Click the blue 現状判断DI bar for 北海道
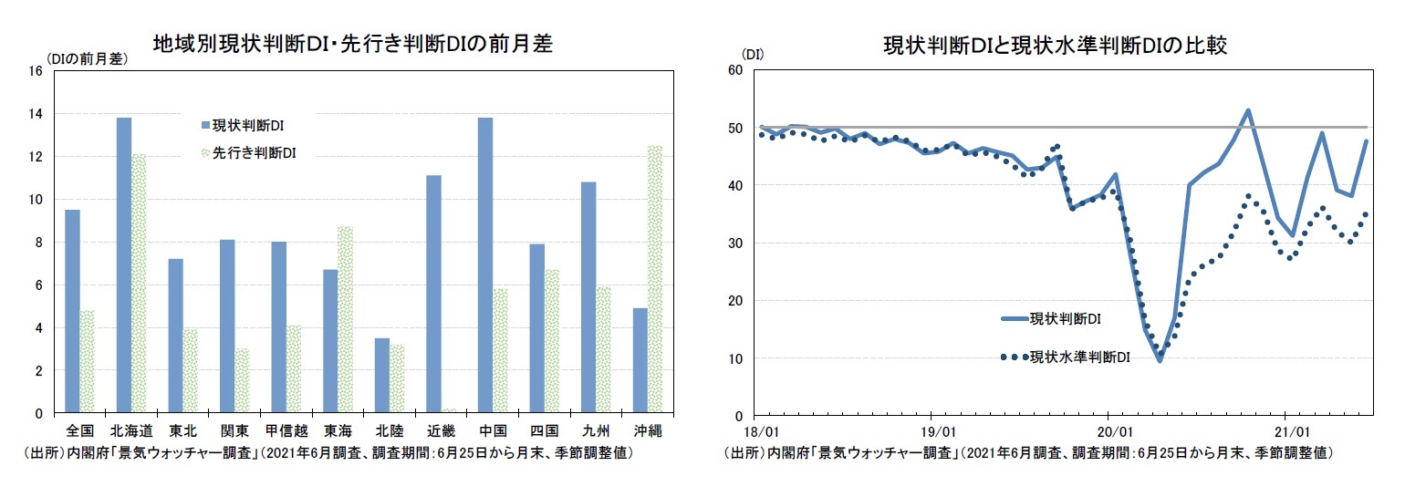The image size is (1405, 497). (123, 265)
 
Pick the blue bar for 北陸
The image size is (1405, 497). (381, 376)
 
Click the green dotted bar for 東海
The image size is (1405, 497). (345, 320)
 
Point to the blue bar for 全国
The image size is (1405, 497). (72, 311)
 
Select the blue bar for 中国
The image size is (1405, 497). (485, 265)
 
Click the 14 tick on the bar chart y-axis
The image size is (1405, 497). (36, 114)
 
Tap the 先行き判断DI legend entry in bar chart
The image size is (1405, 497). (248, 153)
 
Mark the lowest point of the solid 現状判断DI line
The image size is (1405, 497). (1160, 360)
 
